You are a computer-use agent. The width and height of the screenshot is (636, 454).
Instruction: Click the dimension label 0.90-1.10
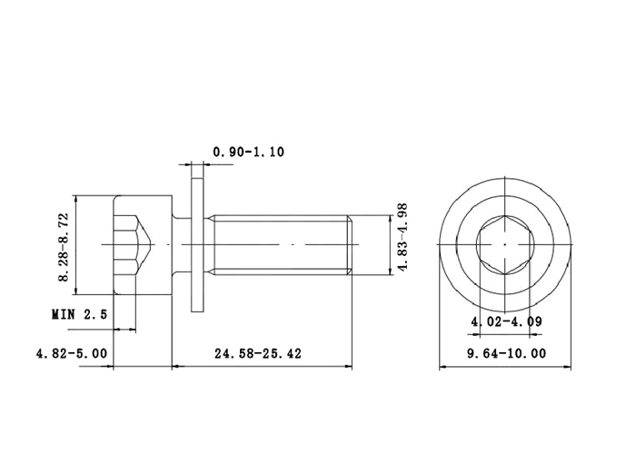tap(249, 152)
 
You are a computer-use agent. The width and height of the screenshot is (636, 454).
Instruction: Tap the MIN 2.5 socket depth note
tap(80, 314)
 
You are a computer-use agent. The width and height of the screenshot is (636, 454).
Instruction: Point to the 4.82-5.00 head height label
tap(72, 353)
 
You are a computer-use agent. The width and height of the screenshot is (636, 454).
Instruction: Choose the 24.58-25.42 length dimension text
tap(258, 353)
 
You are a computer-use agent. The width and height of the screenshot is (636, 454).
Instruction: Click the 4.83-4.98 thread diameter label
tap(402, 237)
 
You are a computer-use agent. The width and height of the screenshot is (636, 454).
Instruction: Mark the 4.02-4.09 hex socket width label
tap(506, 321)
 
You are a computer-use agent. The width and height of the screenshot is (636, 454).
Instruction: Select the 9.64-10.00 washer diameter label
tap(507, 353)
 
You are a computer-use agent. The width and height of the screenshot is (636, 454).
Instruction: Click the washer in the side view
tap(197, 245)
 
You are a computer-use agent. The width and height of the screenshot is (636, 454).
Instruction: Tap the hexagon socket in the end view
tap(505, 245)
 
